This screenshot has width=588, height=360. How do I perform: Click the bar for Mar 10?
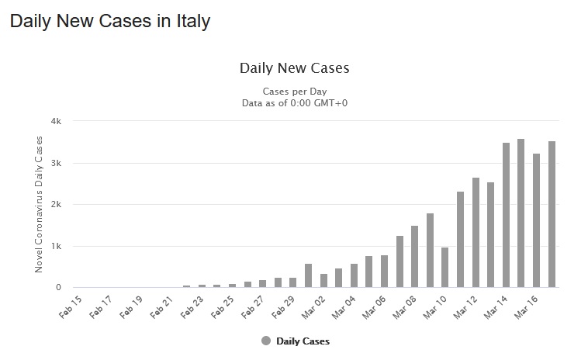pyautogui.click(x=445, y=268)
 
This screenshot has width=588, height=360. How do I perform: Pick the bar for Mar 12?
pyautogui.click(x=476, y=233)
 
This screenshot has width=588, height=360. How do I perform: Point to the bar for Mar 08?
pyautogui.click(x=415, y=257)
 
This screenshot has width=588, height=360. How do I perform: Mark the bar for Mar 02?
pyautogui.click(x=324, y=280)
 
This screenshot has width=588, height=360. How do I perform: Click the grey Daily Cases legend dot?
pyautogui.click(x=267, y=341)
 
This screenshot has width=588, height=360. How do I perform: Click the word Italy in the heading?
pyautogui.click(x=191, y=22)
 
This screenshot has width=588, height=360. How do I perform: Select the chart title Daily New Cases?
pyautogui.click(x=295, y=68)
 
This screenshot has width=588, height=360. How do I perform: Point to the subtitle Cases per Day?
pyautogui.click(x=295, y=91)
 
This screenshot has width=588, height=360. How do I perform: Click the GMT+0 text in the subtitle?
pyautogui.click(x=329, y=102)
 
